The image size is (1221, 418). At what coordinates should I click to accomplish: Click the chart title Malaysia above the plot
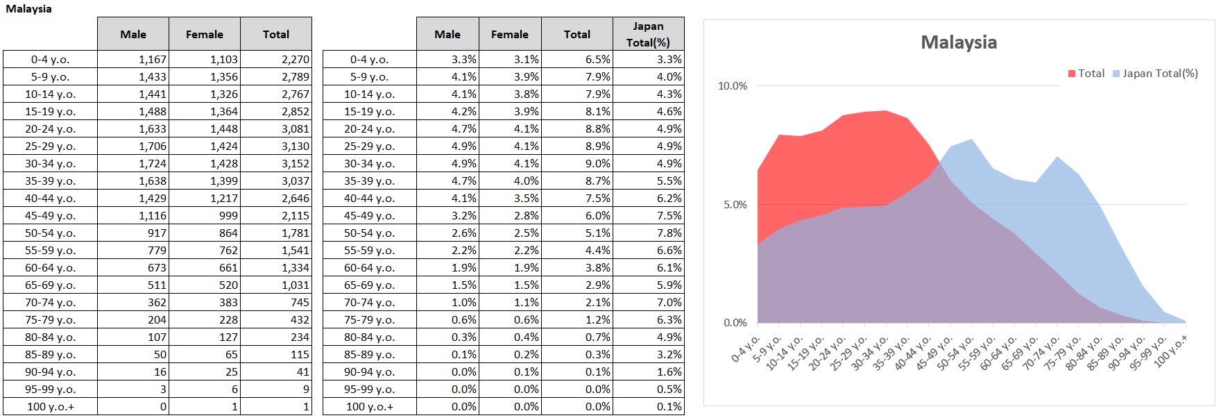[958, 42]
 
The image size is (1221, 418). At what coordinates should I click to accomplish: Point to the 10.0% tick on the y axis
[732, 86]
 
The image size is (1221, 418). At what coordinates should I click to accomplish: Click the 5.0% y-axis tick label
[735, 205]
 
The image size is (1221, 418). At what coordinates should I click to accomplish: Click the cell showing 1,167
[152, 60]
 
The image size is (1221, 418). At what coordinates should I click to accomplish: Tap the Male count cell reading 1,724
[152, 164]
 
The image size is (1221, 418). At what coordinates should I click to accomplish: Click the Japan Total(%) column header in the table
[648, 34]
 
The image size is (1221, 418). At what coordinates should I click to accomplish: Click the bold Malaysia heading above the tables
[28, 9]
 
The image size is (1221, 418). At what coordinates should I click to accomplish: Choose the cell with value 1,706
[152, 147]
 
